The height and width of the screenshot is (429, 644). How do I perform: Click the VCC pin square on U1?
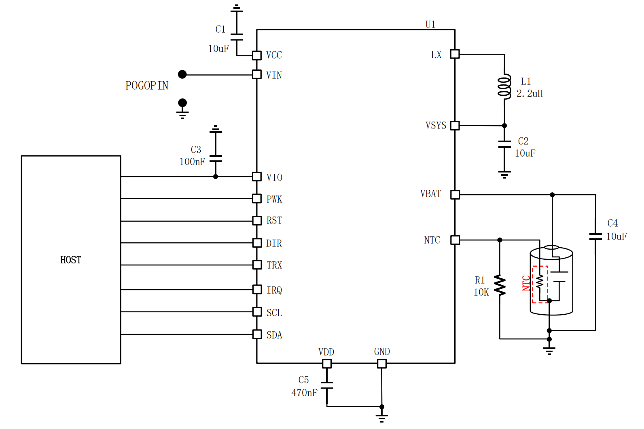click(x=257, y=55)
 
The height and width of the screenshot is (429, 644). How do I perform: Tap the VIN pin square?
click(x=257, y=75)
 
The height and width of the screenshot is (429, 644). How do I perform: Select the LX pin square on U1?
click(x=455, y=54)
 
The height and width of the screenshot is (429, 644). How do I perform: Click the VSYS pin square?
click(x=455, y=126)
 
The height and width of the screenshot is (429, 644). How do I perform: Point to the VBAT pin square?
click(x=455, y=194)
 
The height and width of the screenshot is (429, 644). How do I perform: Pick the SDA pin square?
click(x=257, y=334)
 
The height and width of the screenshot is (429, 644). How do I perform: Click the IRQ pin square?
click(x=257, y=290)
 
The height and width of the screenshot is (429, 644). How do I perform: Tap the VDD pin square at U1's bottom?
click(x=326, y=364)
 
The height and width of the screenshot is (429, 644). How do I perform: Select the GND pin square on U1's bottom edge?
click(x=381, y=364)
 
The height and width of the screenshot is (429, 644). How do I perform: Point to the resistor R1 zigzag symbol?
click(x=500, y=285)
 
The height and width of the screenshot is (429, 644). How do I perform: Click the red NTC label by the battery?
click(x=526, y=283)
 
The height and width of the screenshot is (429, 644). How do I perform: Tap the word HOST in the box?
click(x=71, y=260)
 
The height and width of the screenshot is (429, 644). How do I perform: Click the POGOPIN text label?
click(x=146, y=86)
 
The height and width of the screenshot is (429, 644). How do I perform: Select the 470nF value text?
click(x=304, y=393)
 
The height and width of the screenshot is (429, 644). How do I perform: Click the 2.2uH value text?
click(x=530, y=93)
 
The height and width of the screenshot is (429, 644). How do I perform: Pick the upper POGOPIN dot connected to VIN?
click(x=182, y=74)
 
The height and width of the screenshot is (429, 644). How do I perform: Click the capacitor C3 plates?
click(x=216, y=158)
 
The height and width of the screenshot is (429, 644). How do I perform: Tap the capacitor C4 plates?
click(x=595, y=237)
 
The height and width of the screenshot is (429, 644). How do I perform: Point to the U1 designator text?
click(x=430, y=24)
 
